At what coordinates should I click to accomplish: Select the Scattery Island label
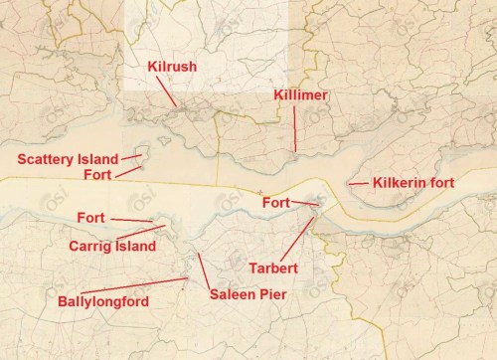coord(64,159)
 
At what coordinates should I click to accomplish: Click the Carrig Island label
coord(112,245)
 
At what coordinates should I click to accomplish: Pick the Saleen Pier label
coord(248,294)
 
